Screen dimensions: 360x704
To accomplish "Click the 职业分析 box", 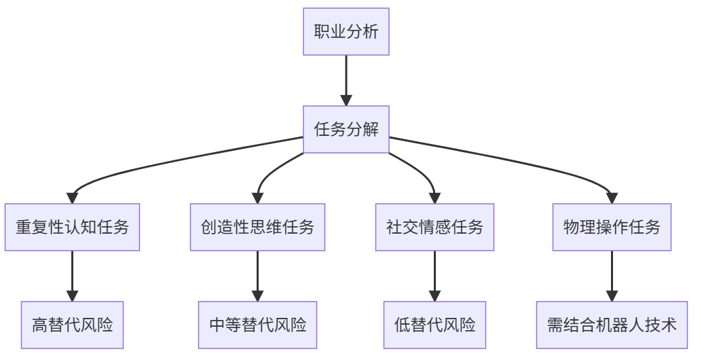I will click(346, 32).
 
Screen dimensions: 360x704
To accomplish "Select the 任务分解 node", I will click(346, 129).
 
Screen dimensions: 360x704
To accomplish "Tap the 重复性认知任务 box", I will click(72, 228).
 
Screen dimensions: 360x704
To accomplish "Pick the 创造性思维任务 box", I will click(257, 228).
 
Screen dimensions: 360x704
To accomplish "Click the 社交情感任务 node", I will click(434, 228).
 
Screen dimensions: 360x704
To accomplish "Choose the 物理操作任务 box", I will click(612, 228).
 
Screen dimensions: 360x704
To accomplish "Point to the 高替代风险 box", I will click(72, 325).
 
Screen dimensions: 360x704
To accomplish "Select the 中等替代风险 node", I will click(257, 325).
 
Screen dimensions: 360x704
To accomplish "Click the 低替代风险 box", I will click(434, 325).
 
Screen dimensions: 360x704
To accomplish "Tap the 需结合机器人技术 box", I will click(612, 325).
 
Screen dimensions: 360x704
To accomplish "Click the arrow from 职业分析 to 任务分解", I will click(346, 78).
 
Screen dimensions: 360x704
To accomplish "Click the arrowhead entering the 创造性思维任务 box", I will click(257, 198).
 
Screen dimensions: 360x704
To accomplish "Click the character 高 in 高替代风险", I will click(39, 325).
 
